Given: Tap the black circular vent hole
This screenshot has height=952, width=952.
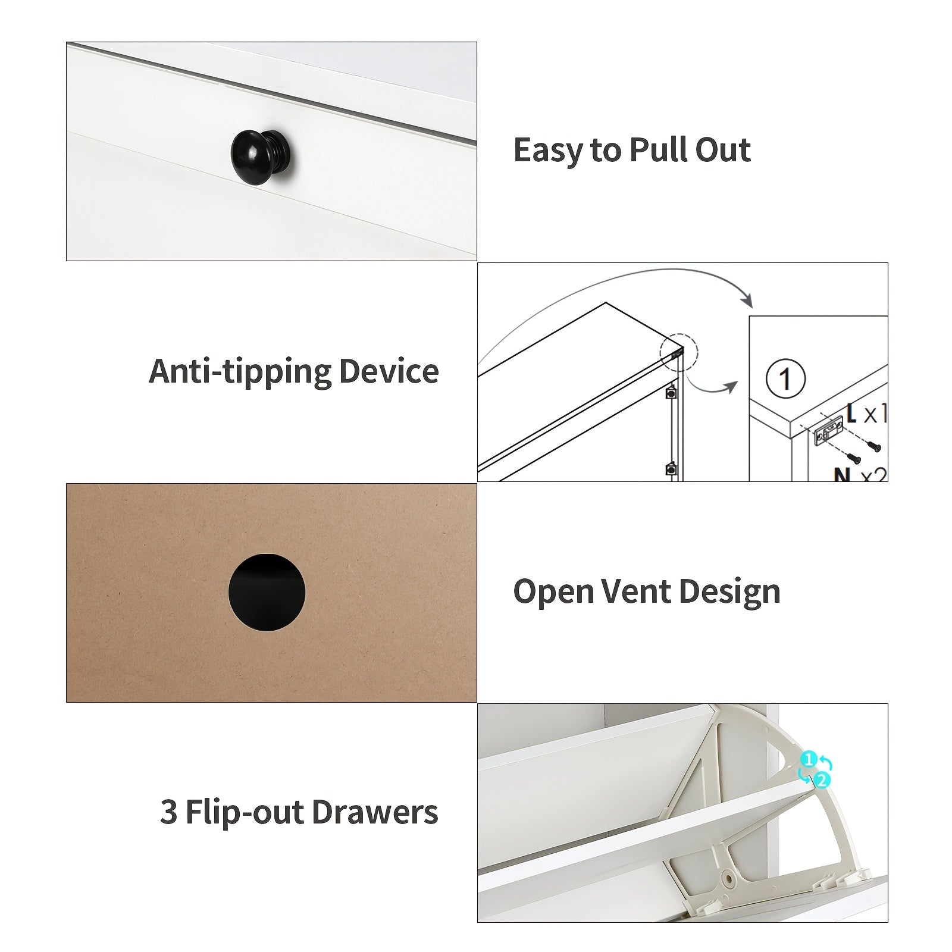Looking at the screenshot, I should tap(267, 592).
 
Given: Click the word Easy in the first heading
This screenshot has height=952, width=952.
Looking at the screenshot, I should tap(547, 150).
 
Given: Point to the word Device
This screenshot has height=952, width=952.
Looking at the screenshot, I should tap(389, 372).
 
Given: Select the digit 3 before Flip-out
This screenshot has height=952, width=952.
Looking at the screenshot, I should tap(168, 812).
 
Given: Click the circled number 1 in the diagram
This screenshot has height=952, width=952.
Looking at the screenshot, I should tap(785, 379).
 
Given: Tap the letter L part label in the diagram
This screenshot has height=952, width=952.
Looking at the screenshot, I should tap(851, 412).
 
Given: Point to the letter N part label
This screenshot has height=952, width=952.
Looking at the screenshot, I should tap(841, 474).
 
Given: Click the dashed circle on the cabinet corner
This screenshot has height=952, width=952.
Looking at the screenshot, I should tap(678, 352).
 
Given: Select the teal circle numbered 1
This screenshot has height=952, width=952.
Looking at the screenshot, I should tap(808, 760).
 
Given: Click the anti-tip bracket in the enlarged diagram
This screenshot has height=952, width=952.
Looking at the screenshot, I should tap(828, 431).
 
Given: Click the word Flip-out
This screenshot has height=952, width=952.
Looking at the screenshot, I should tap(245, 812).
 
